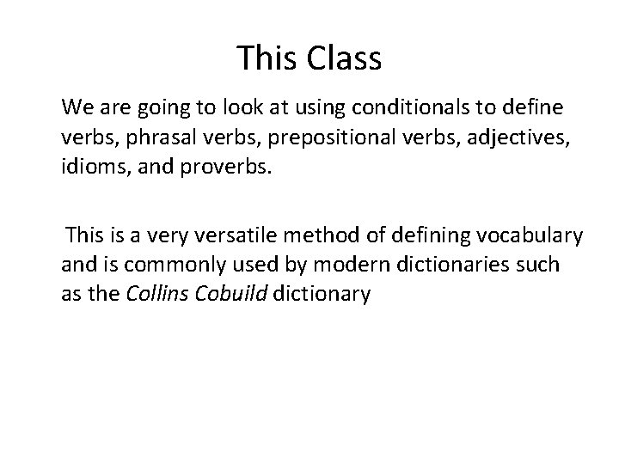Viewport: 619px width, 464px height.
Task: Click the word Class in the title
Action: (x=344, y=58)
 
